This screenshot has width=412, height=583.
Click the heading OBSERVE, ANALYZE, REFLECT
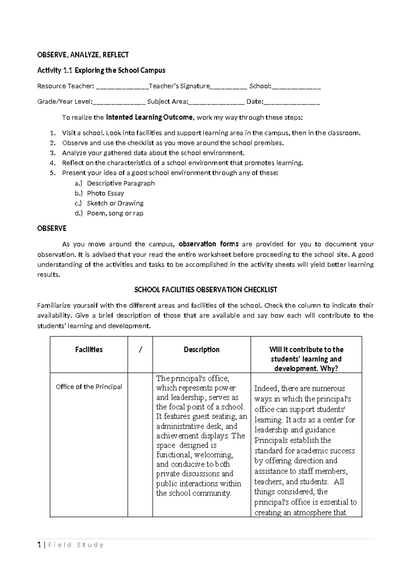point(83,55)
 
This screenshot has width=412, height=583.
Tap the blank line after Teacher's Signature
point(228,87)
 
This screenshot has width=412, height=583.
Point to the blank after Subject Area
point(216,102)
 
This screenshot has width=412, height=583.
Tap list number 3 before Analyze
point(52,153)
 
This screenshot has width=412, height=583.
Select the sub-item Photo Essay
point(105,193)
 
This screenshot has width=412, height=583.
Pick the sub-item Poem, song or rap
point(115,213)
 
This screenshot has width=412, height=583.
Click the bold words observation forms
point(209,244)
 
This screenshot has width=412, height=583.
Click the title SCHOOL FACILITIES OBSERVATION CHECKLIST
point(205,290)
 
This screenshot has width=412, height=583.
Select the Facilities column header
point(89,350)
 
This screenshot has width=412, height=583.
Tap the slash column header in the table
point(140,350)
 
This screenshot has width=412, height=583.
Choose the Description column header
point(202,350)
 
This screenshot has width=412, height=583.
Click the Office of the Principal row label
point(89,387)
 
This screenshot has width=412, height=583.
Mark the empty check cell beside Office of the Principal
point(140,443)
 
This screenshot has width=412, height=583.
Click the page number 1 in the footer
point(39,545)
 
